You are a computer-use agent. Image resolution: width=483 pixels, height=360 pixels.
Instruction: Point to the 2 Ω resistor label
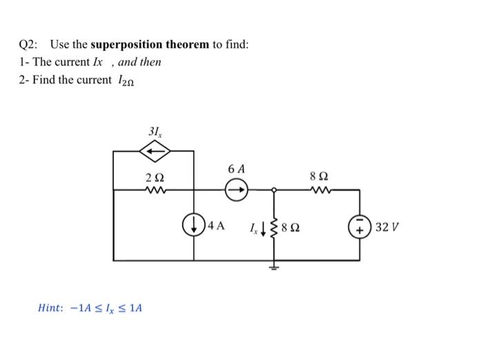coord(154,177)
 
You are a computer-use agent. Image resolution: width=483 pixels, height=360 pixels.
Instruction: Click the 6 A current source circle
coord(235,188)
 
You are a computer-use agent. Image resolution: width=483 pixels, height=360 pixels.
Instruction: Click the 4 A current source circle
coord(193,225)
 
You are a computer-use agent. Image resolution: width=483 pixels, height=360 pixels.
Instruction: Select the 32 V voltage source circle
coord(360,225)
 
